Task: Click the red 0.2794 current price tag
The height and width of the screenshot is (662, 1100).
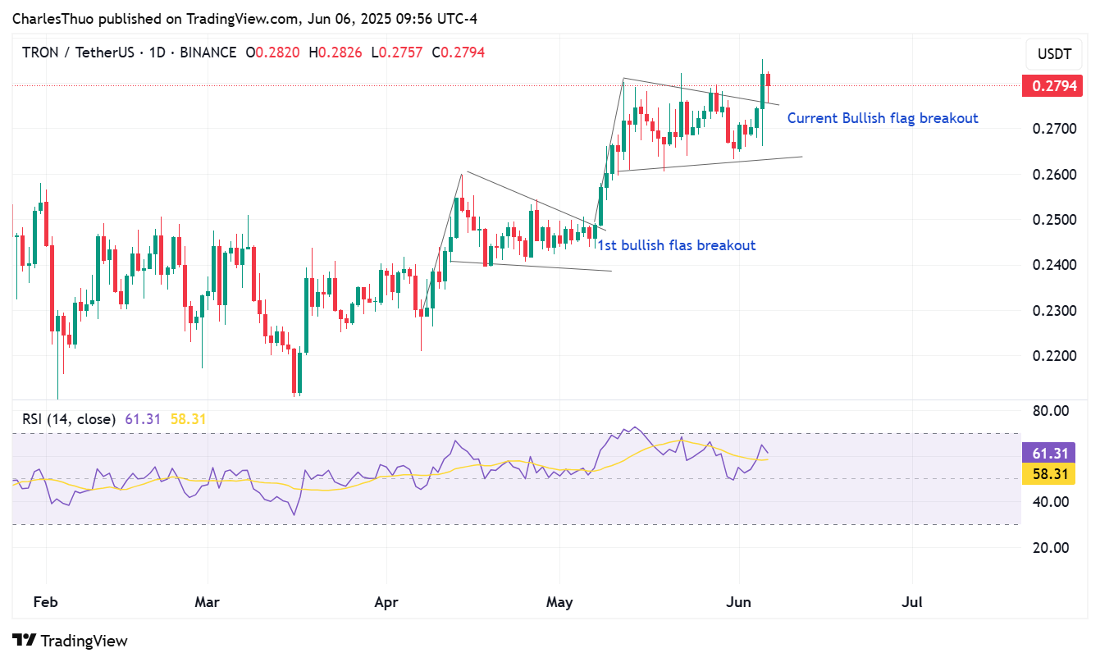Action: pyautogui.click(x=1053, y=85)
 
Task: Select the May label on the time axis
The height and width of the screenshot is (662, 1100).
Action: pyautogui.click(x=559, y=602)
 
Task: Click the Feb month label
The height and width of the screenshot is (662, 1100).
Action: pyautogui.click(x=45, y=602)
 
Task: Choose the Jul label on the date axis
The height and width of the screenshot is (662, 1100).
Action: pyautogui.click(x=911, y=602)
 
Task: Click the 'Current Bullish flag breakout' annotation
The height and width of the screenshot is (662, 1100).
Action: pyautogui.click(x=883, y=118)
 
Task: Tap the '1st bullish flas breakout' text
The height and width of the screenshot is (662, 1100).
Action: pyautogui.click(x=676, y=245)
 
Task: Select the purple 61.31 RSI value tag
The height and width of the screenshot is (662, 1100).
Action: pyautogui.click(x=1050, y=454)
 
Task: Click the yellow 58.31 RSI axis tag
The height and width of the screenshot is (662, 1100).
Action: pyautogui.click(x=1050, y=474)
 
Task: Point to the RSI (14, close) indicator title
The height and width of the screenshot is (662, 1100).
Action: pyautogui.click(x=69, y=419)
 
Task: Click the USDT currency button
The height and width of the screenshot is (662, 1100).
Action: pyautogui.click(x=1054, y=55)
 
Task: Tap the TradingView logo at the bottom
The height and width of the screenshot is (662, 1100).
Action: pyautogui.click(x=71, y=641)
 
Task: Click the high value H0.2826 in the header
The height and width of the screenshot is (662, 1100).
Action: pyautogui.click(x=336, y=53)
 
